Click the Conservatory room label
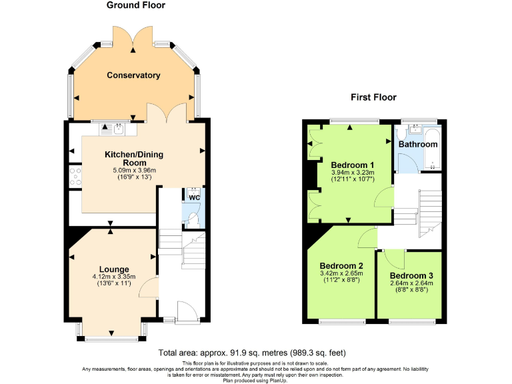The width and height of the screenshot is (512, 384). (133, 75)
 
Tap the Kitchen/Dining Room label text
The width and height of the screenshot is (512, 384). (133, 159)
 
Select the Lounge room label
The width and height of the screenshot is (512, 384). (115, 269)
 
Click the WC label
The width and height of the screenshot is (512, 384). (193, 198)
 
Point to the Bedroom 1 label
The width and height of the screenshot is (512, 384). (353, 165)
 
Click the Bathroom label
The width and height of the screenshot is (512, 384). (418, 144)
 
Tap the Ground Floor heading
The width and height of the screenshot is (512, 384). (136, 5)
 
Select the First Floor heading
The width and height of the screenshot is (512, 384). (373, 97)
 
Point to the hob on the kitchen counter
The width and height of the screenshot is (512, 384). (75, 177)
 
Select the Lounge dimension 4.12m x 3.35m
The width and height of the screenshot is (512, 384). (115, 277)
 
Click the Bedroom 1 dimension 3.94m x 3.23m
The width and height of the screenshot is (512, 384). (353, 173)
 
